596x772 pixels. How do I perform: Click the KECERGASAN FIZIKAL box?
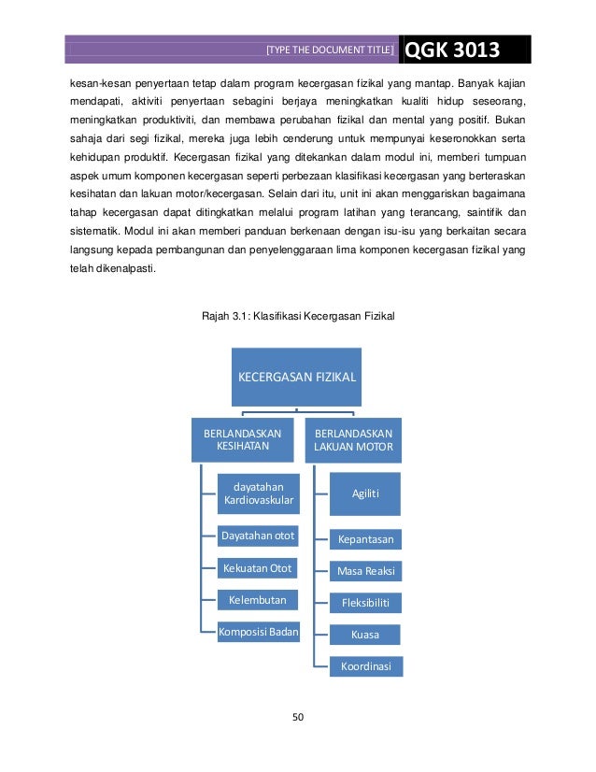point(297,378)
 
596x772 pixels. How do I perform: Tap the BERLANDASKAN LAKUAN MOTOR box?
point(353,439)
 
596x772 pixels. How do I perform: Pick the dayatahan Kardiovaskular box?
point(259,493)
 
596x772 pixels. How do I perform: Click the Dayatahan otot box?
point(257,536)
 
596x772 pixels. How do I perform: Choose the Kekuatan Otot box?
point(257,567)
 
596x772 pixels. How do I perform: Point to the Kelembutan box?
point(257,599)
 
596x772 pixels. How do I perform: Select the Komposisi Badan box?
point(259,632)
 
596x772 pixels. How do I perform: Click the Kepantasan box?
point(365,539)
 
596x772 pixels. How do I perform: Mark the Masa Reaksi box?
point(365,569)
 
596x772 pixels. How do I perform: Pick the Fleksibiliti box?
point(365,602)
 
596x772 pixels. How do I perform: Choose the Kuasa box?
point(365,635)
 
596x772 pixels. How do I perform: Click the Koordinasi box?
point(365,666)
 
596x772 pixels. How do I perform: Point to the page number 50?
point(298,718)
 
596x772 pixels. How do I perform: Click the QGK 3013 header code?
point(452,50)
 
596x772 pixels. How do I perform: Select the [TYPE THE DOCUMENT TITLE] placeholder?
point(330,50)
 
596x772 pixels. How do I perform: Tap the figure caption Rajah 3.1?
point(298,316)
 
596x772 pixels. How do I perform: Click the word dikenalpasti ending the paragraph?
point(124,271)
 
